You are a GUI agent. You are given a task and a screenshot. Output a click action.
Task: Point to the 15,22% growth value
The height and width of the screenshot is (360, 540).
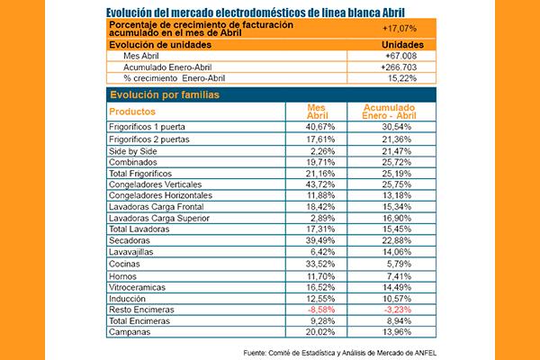click(x=398, y=79)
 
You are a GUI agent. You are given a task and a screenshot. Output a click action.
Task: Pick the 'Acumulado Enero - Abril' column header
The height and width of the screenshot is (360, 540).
click(x=393, y=112)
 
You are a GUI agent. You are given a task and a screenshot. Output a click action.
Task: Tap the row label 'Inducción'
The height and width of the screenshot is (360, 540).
click(x=126, y=298)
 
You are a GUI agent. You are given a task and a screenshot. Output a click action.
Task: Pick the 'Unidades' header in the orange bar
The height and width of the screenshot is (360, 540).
click(x=397, y=44)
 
